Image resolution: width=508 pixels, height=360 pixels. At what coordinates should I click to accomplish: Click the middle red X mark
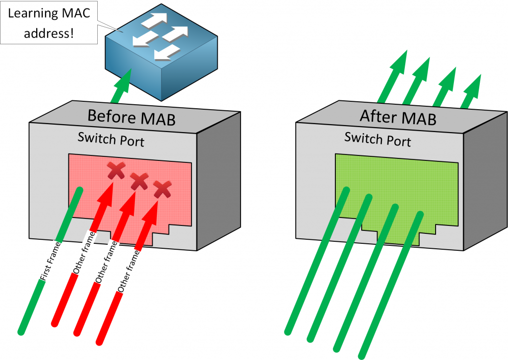point(139,182)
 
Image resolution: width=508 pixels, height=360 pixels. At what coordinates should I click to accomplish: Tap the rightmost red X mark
point(162,189)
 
